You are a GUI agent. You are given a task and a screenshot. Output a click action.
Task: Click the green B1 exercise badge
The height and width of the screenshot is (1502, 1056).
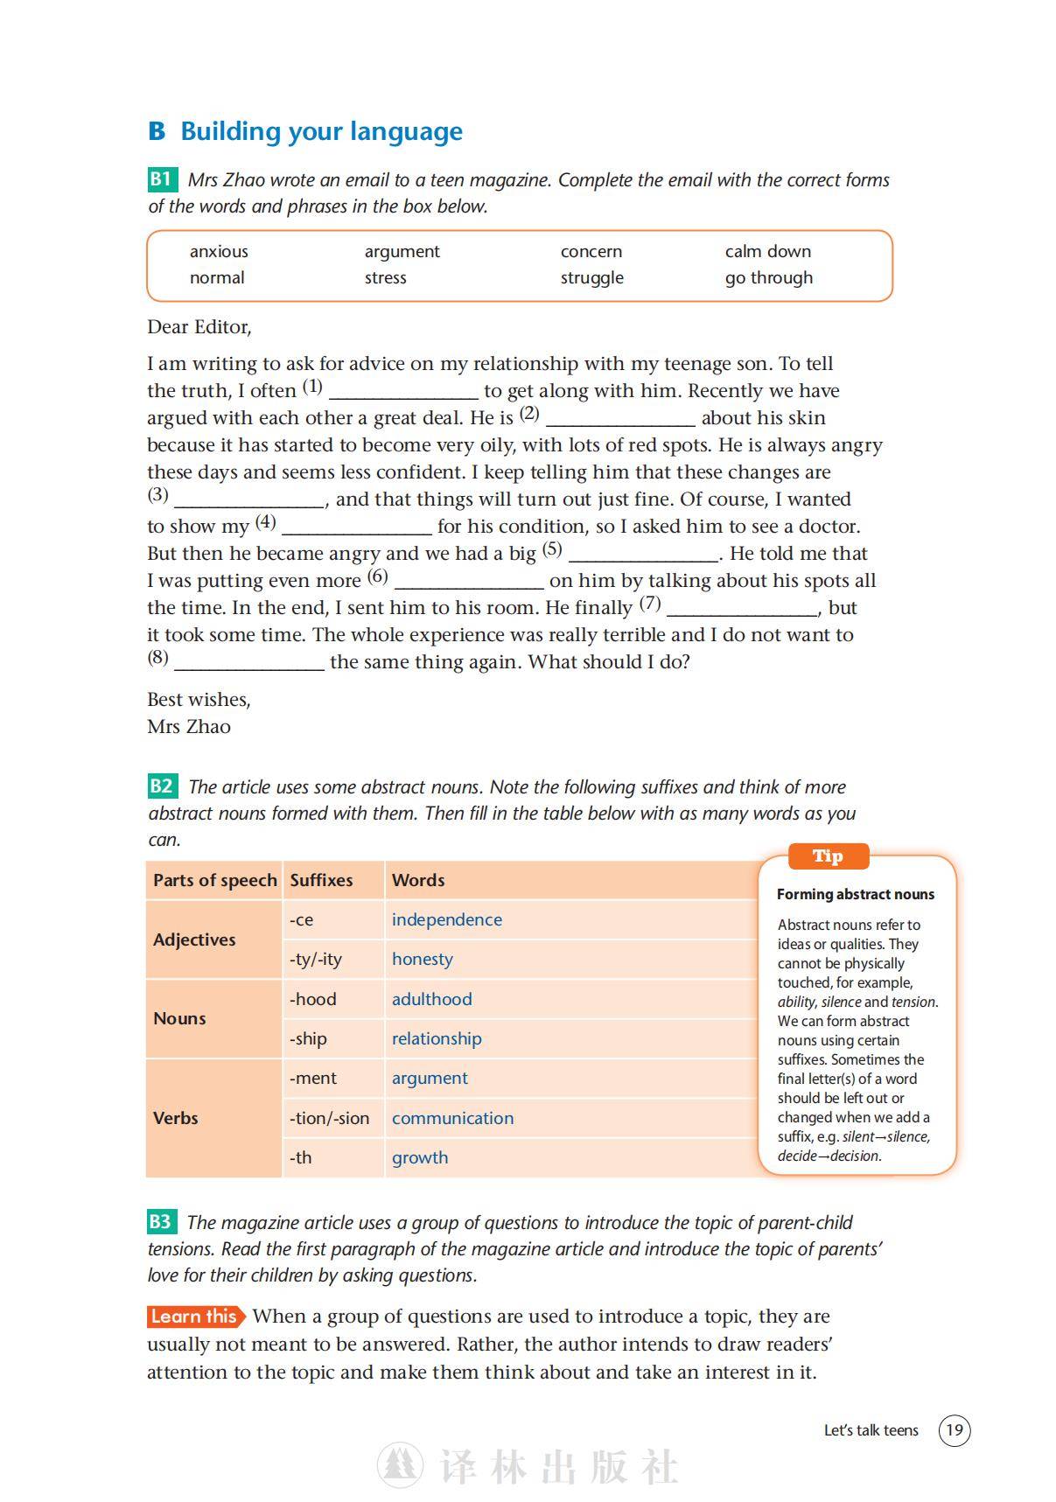click(x=162, y=179)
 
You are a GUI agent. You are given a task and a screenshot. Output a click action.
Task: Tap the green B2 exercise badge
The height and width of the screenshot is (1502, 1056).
click(x=162, y=786)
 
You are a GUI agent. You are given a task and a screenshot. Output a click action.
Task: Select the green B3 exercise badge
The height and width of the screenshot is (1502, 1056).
click(x=162, y=1221)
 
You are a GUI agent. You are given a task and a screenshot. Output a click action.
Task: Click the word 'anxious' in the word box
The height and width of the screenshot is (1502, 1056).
click(x=219, y=251)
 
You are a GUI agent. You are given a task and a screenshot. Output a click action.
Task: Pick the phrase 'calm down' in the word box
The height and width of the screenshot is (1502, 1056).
click(x=767, y=251)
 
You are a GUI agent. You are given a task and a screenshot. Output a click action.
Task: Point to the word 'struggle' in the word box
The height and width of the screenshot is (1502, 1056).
click(x=591, y=277)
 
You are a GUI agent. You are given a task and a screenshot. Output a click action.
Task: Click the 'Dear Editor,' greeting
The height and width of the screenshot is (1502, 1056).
click(x=199, y=327)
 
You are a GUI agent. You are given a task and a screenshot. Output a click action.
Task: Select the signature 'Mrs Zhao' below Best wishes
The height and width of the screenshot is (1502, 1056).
click(x=189, y=726)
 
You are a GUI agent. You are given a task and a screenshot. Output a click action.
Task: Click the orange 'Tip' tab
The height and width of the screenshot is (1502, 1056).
click(x=828, y=856)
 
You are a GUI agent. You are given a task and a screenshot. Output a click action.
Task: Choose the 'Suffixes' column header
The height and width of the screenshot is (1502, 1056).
click(x=321, y=880)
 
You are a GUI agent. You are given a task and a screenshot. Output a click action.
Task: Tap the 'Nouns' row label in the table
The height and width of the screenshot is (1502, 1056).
click(x=179, y=1018)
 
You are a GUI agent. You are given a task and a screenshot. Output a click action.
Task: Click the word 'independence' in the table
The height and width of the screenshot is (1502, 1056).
click(x=446, y=919)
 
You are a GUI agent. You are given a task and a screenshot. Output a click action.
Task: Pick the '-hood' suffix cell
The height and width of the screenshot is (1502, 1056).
click(x=312, y=999)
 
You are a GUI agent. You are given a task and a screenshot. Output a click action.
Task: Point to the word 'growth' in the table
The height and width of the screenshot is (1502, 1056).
click(x=420, y=1157)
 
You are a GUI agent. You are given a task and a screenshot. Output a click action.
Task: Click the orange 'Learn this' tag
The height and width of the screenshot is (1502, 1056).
click(x=195, y=1317)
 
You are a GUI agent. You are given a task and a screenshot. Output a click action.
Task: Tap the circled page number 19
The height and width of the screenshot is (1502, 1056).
click(x=954, y=1430)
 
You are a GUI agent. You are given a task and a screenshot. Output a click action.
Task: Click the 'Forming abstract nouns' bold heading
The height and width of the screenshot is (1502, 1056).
click(x=855, y=894)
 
